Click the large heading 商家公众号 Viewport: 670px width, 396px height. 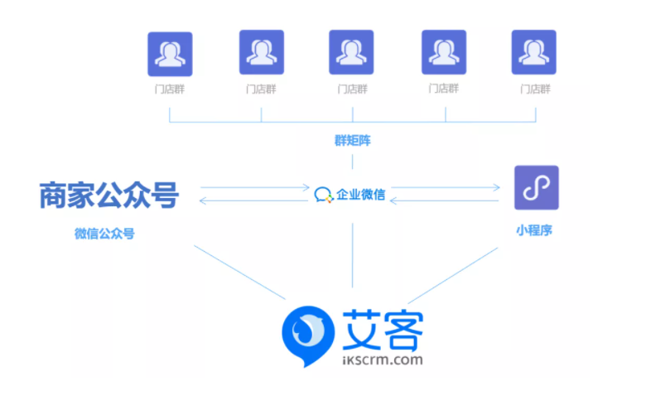coord(108,195)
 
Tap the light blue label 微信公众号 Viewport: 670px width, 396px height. coord(104,234)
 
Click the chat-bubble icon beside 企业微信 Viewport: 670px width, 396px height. coord(323,196)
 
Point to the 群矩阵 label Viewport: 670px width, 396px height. coord(353,140)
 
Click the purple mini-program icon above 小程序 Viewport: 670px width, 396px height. coord(536,186)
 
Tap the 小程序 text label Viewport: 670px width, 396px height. coord(534,230)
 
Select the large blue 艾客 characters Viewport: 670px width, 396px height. coord(380,328)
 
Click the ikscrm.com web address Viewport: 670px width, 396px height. coord(381,360)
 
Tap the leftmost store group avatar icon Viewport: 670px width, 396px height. coord(170,54)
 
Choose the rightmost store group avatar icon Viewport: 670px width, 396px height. coord(533,53)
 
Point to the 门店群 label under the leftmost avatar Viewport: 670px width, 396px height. coord(170,89)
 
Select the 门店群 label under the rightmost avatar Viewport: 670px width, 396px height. coord(534,89)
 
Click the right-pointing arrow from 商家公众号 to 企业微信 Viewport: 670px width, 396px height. coord(253,187)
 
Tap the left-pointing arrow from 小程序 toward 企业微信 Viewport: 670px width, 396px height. coord(447,201)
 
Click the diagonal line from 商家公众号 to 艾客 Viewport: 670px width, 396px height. coord(240,273)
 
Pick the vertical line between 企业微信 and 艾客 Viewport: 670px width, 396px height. coord(354,257)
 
